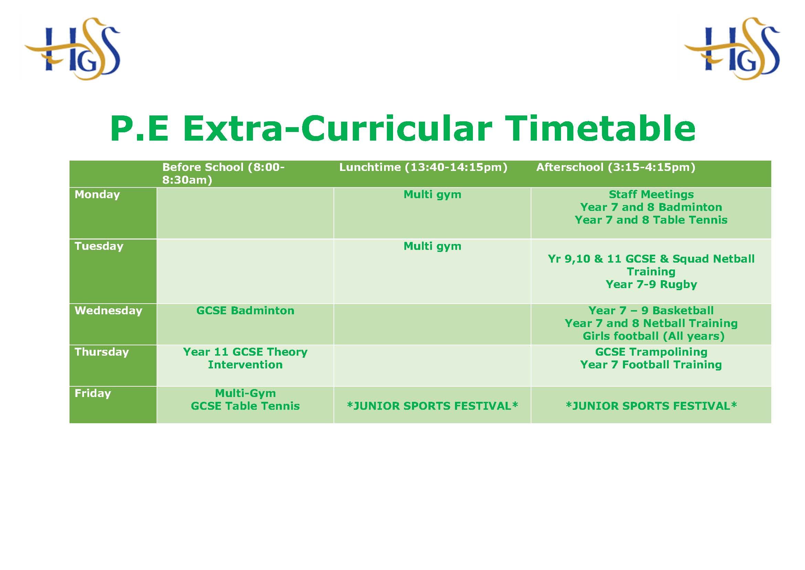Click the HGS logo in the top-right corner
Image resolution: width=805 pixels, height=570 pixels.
coord(732,49)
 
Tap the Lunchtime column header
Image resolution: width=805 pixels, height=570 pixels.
coord(423,167)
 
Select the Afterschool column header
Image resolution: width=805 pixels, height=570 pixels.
coord(616,167)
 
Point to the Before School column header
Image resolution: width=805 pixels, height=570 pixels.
coord(223,173)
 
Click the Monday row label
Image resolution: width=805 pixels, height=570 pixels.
coord(97,194)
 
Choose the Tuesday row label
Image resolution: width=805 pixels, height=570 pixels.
coord(99,246)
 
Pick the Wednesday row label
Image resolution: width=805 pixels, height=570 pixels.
coord(108,311)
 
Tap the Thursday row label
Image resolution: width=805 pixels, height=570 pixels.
coord(102,352)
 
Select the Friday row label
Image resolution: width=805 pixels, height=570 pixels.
coord(93,394)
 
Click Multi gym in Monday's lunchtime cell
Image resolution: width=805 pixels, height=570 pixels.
coord(432,195)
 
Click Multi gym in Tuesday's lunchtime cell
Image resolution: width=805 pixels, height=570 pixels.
coord(432,246)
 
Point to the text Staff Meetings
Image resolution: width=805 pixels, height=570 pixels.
coord(651,195)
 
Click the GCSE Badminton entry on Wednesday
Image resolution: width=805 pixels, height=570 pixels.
coord(245,311)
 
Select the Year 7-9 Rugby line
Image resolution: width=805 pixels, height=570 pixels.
coord(651,285)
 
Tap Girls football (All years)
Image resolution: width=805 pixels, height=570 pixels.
coord(654,336)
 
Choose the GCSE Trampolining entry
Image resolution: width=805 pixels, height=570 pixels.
coord(651,352)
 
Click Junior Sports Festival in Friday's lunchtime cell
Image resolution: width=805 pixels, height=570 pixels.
coord(432,406)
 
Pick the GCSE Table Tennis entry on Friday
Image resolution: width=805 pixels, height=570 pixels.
coord(245,406)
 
